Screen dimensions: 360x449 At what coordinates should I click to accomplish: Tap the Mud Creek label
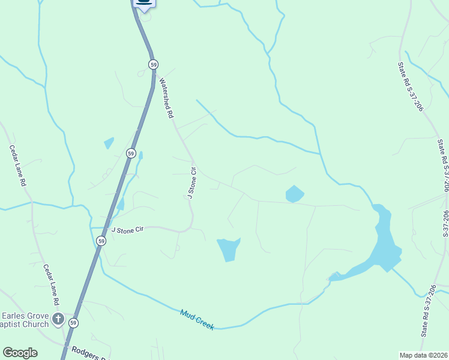197,319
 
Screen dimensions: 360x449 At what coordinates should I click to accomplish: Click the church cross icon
58,319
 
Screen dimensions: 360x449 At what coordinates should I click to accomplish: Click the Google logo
20,353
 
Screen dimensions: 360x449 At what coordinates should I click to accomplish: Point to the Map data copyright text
423,355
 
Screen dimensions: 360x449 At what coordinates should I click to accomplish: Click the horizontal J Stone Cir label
128,229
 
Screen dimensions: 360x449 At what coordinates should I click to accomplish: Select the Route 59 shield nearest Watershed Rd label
154,64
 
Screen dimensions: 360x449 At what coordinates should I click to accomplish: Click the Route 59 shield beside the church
73,323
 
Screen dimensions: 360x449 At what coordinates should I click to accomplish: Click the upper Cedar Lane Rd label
18,164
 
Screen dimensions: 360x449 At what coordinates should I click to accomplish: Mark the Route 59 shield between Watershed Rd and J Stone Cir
131,153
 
